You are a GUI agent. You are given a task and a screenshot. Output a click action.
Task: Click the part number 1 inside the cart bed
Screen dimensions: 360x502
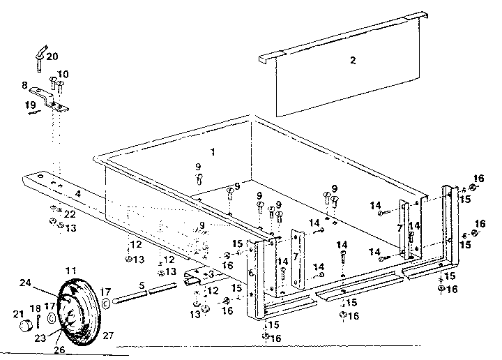pos(213,151)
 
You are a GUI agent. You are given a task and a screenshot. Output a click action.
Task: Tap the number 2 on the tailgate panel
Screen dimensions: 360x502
pos(353,61)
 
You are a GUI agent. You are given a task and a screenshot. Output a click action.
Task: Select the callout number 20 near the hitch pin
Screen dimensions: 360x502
pos(52,57)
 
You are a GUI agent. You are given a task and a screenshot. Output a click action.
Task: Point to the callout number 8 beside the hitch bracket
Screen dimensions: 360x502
pos(24,86)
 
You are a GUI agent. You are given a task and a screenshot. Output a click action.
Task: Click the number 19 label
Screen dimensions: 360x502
pos(30,105)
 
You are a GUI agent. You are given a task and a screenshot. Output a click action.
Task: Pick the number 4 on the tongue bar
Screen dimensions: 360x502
pos(78,194)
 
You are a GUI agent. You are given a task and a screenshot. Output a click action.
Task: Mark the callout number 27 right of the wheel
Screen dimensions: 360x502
pos(107,334)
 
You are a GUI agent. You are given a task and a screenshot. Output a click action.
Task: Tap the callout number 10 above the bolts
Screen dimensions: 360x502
pos(63,74)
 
